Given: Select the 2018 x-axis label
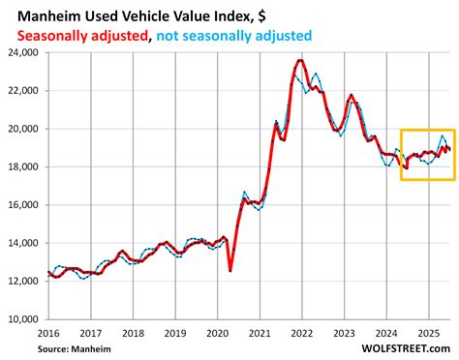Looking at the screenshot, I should pos(133,331).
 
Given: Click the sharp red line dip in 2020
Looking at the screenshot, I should pos(230,270).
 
